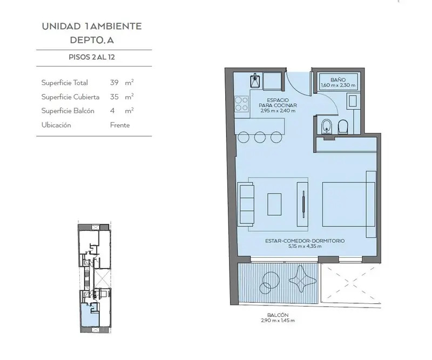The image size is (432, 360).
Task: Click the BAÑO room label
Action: click(x=338, y=79)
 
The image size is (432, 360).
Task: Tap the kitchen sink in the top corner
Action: click(x=255, y=81)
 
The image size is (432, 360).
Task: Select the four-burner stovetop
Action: click(x=241, y=104)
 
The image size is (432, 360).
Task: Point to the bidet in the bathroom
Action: click(x=327, y=126)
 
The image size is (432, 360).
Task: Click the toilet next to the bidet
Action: click(x=343, y=127)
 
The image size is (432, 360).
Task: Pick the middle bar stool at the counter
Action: click(x=260, y=137)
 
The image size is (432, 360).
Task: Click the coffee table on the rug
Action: click(x=274, y=204)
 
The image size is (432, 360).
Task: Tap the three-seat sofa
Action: click(x=247, y=204)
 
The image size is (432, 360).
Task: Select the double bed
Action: click(x=349, y=204)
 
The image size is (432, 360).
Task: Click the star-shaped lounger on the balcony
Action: click(x=302, y=279)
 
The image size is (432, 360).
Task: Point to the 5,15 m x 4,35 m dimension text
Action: click(x=305, y=246)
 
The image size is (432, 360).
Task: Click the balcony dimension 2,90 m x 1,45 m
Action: click(x=278, y=321)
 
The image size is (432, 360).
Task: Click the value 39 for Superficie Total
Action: click(x=114, y=83)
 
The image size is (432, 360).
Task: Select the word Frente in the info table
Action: click(x=120, y=125)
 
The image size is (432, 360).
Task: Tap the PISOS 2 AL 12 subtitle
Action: click(x=92, y=57)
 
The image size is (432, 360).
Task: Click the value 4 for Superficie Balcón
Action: click(x=112, y=111)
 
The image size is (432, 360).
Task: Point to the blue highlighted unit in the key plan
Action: click(x=90, y=315)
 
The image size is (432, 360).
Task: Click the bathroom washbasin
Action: click(x=353, y=101)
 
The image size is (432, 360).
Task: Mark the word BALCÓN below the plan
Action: click(x=278, y=315)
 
